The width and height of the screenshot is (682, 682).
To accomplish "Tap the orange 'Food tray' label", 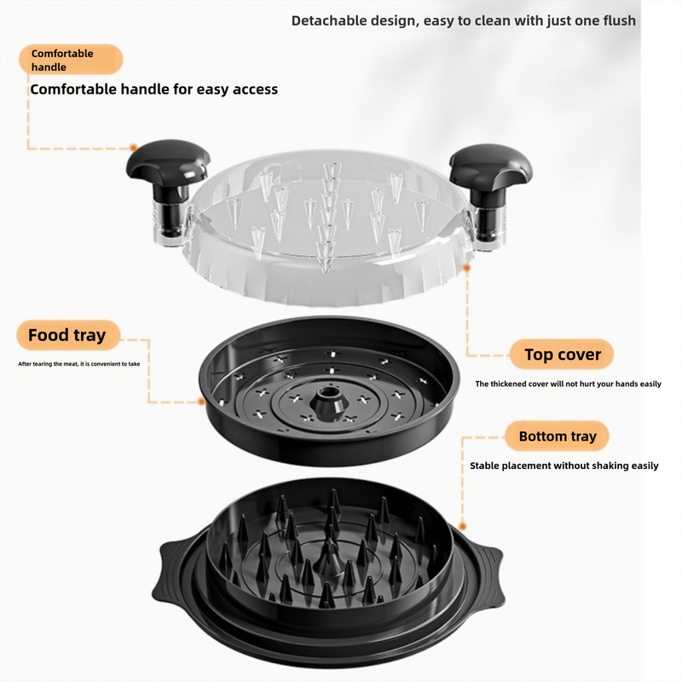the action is [68, 335].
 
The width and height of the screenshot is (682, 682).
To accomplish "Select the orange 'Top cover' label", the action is [562, 355].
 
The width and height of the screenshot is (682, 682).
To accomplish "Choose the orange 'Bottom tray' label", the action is [558, 436].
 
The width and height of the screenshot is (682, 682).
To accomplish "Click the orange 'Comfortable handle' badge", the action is [71, 60].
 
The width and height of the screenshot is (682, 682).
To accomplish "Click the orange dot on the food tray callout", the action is [201, 402].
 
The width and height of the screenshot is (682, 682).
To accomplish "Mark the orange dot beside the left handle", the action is [134, 147].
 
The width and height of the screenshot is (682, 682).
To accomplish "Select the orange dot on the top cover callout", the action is [466, 269].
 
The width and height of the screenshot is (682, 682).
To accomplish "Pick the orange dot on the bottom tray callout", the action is [462, 527].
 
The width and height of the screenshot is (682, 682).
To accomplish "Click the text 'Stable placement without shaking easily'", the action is [564, 465].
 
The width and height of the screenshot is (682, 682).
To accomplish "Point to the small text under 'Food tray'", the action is [79, 364].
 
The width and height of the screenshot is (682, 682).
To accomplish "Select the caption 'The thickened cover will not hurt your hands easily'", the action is [568, 384].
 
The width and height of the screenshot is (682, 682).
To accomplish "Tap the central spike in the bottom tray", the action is [329, 555].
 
